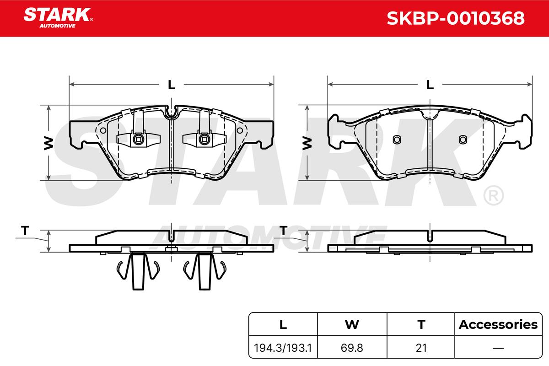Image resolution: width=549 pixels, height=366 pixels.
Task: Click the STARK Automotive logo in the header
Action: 58,18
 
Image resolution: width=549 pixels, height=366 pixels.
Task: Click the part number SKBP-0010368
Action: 456,18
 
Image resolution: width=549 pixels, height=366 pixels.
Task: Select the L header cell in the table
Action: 283,324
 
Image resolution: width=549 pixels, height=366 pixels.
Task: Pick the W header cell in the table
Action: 352,324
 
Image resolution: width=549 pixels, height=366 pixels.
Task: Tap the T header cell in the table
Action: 421,324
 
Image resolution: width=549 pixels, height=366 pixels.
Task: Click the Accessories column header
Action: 498,324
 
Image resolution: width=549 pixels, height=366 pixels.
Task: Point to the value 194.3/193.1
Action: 283,348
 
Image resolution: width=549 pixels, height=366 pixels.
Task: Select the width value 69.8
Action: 352,348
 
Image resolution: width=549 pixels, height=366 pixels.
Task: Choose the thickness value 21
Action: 421,348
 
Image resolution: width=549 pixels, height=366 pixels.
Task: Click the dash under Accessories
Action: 498,348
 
